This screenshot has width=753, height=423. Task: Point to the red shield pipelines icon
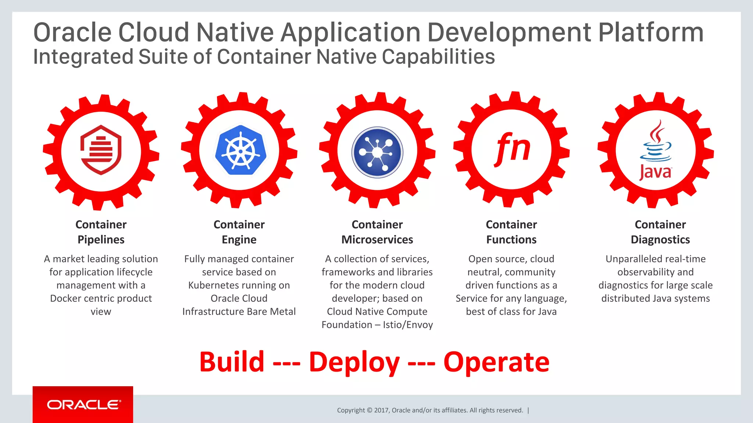coord(101,150)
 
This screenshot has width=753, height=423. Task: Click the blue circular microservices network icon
coord(377,152)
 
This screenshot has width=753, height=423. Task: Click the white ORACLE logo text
coord(83,405)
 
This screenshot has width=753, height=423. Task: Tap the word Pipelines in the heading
coord(101,240)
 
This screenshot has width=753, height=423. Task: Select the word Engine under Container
coord(239,240)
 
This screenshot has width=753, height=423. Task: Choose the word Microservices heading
coord(377,240)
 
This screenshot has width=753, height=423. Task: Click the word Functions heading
coord(511,240)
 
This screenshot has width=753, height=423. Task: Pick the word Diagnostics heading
coord(660,240)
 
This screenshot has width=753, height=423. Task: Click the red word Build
coord(232,362)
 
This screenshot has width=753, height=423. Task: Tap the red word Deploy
coord(354,362)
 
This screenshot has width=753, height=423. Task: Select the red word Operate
coord(496,362)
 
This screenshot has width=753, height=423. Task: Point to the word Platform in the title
coord(651,33)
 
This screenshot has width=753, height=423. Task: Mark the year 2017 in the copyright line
coord(381,410)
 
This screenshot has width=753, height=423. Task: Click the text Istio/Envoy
coord(408,325)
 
